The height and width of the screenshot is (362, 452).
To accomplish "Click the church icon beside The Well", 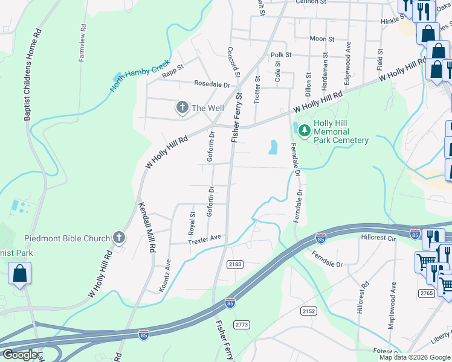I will coord(182,107).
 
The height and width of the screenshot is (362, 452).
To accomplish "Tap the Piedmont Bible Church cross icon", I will coord(119,238).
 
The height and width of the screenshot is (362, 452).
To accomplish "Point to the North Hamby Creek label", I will coord(137,78).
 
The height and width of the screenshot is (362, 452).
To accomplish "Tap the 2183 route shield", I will coord(235,265).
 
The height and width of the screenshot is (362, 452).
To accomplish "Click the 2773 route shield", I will coord(242,324).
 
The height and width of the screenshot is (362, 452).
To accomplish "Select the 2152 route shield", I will coord(308,310).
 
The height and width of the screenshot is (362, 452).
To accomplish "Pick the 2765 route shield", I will coord(426,293).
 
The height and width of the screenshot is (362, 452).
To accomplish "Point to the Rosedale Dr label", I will coord(212,84).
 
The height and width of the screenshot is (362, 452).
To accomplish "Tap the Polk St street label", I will coord(281,55).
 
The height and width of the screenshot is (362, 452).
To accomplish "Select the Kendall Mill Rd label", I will coord(147,226).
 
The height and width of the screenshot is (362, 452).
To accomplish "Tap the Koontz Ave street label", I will coord(165,276).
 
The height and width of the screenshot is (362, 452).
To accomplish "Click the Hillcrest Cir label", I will coord(379,239).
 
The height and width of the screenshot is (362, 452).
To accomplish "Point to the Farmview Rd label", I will coord(82,43).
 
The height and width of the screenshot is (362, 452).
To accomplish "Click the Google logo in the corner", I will coord(19,355).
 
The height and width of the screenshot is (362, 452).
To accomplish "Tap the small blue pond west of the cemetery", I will coord(274,147).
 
